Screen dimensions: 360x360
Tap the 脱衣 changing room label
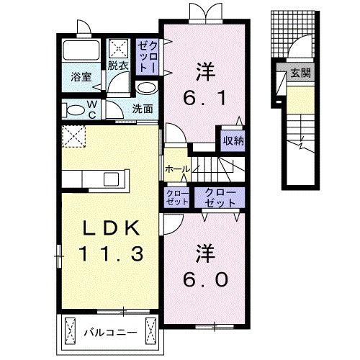(x=117, y=66)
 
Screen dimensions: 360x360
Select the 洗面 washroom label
(x=143, y=109)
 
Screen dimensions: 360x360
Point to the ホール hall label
(x=176, y=168)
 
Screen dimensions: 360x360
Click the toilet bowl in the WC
(x=74, y=110)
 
